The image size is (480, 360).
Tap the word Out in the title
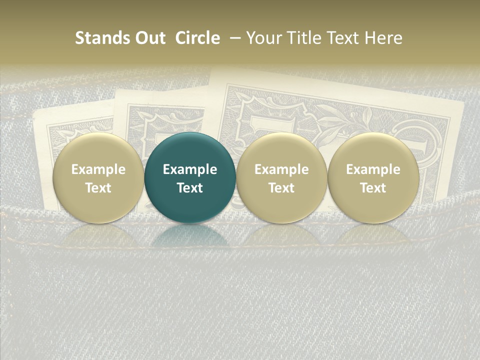(x=149, y=38)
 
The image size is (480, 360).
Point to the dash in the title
(x=233, y=38)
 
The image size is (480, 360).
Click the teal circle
(x=190, y=177)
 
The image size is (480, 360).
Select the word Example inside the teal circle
(x=190, y=169)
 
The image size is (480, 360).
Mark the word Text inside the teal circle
(x=190, y=188)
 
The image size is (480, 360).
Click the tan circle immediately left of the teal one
(x=98, y=177)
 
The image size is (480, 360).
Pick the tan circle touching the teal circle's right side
(x=281, y=177)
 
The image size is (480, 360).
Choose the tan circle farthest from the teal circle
(x=373, y=177)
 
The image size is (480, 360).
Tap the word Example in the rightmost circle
(x=373, y=169)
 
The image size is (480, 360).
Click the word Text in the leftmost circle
(x=98, y=188)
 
